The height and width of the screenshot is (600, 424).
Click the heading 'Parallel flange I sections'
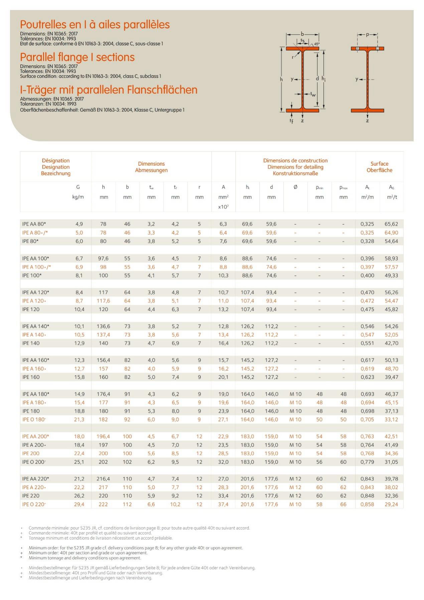click(x=77, y=57)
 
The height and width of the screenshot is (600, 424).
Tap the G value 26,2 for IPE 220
click(x=79, y=496)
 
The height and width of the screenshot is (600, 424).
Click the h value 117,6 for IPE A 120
click(x=103, y=301)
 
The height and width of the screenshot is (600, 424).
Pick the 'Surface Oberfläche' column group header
click(x=379, y=167)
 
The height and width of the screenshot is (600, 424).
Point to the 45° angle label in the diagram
click(x=317, y=44)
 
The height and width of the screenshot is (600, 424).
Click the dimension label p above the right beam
click(x=368, y=34)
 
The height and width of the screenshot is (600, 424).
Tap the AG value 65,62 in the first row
click(x=391, y=224)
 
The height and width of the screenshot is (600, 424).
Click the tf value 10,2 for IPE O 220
click(x=175, y=504)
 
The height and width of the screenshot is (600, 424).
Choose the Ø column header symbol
click(x=295, y=187)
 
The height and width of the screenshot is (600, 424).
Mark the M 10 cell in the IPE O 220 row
click(x=295, y=504)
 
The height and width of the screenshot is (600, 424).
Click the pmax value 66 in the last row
click(x=343, y=504)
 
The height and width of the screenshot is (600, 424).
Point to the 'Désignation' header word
click(x=56, y=160)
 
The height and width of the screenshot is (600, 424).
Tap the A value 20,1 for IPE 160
click(x=223, y=377)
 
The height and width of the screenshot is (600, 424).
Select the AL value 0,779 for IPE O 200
click(x=367, y=462)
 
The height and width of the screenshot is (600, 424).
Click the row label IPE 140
click(x=31, y=343)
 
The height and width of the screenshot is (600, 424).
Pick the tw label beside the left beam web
click(x=313, y=94)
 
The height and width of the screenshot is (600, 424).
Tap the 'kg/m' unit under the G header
click(x=78, y=197)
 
